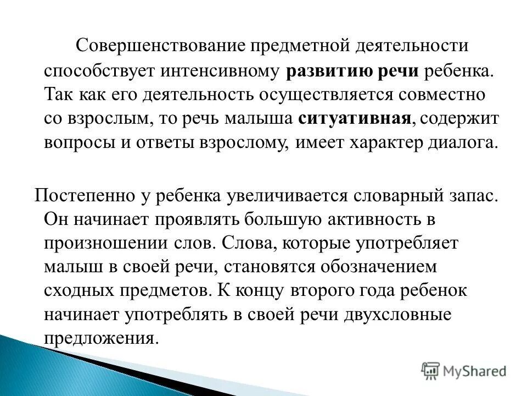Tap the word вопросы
point(75,143)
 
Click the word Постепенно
point(78,196)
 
